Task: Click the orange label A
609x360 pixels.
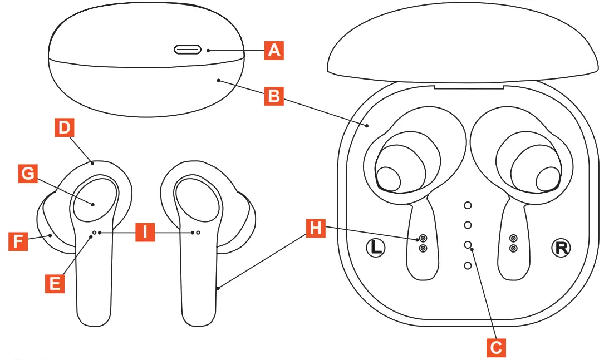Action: pyautogui.click(x=273, y=50)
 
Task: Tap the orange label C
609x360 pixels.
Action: pyautogui.click(x=495, y=348)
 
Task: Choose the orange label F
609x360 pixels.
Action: pyautogui.click(x=18, y=241)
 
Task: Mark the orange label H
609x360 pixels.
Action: pyautogui.click(x=316, y=228)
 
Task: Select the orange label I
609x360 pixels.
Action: pyautogui.click(x=145, y=232)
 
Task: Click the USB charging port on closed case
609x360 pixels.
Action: pyautogui.click(x=189, y=50)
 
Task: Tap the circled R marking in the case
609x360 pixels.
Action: pyautogui.click(x=561, y=248)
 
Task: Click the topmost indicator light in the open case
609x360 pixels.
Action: pyautogui.click(x=468, y=205)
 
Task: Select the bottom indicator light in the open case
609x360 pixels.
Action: pyautogui.click(x=468, y=266)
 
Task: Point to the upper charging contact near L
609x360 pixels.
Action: pyautogui.click(x=423, y=238)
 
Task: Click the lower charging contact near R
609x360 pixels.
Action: pyautogui.click(x=513, y=248)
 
